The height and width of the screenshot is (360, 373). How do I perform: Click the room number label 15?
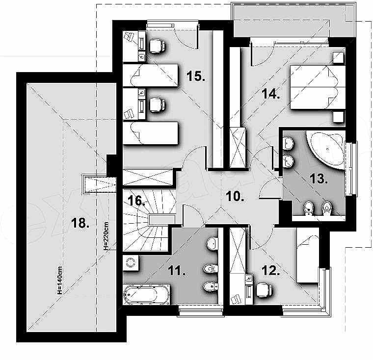[x=195, y=77]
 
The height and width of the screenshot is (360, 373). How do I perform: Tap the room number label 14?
[x=270, y=95]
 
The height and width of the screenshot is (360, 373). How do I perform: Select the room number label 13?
[x=319, y=179]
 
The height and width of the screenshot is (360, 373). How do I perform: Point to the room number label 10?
[x=235, y=197]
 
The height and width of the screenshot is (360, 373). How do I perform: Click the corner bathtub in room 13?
[x=327, y=147]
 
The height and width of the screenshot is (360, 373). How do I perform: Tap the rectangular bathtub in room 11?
[x=146, y=295]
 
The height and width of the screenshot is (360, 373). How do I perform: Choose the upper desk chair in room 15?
[x=157, y=46]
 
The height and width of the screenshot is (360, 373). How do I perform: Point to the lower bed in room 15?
[x=151, y=133]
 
